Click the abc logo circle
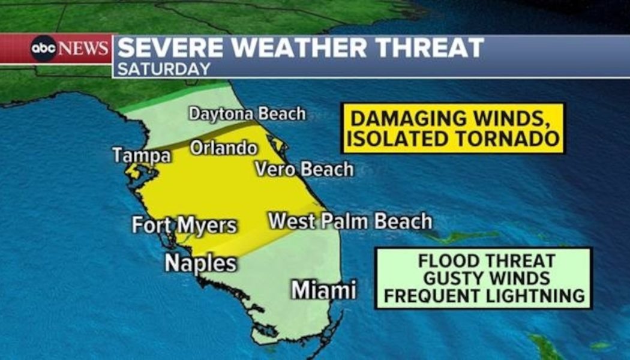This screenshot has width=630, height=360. point(44,49)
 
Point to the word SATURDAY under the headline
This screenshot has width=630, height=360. point(164,69)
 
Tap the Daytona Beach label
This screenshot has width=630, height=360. point(247,114)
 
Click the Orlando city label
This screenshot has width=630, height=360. point(224,148)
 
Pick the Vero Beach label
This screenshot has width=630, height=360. point(304,169)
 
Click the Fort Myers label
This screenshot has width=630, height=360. point(184,226)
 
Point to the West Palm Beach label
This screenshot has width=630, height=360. point(350,221)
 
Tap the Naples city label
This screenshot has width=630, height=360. point(200,263)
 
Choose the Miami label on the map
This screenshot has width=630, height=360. point(323,290)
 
